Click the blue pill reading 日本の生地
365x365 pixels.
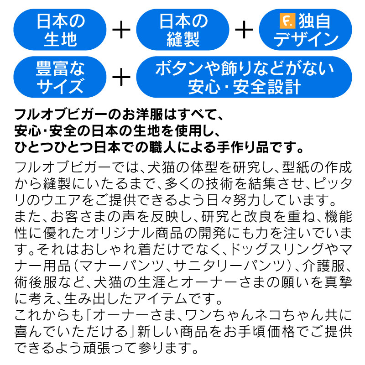click(x=60, y=30)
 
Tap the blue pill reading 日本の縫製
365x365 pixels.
click(x=183, y=30)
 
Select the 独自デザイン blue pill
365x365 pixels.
click(x=305, y=30)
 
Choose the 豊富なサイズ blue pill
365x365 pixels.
click(x=60, y=77)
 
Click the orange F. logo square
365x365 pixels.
click(x=287, y=21)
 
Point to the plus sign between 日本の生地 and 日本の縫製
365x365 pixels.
click(x=121, y=30)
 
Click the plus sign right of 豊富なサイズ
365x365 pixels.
click(x=121, y=77)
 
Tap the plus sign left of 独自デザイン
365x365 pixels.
click(x=244, y=30)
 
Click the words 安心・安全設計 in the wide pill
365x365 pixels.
click(x=244, y=87)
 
